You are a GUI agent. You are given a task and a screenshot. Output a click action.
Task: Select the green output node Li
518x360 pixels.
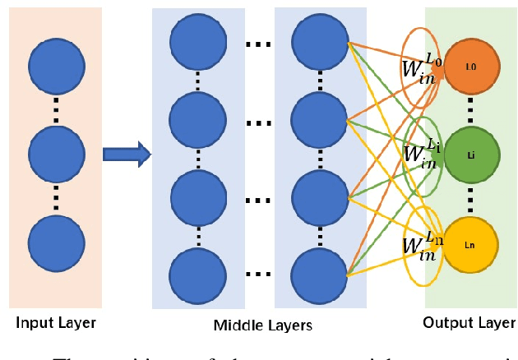click(x=471, y=154)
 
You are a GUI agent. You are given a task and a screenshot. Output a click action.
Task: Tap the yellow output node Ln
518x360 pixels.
click(x=471, y=243)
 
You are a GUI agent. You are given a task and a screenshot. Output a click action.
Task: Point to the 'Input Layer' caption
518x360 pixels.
click(x=55, y=323)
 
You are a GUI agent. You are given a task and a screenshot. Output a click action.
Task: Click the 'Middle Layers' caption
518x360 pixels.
click(x=262, y=325)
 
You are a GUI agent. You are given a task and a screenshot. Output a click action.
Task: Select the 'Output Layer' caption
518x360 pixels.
click(x=470, y=323)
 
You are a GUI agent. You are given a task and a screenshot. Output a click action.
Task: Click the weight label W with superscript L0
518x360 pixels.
click(x=421, y=68)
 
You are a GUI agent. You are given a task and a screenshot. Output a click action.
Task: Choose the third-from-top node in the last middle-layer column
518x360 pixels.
click(x=320, y=197)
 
